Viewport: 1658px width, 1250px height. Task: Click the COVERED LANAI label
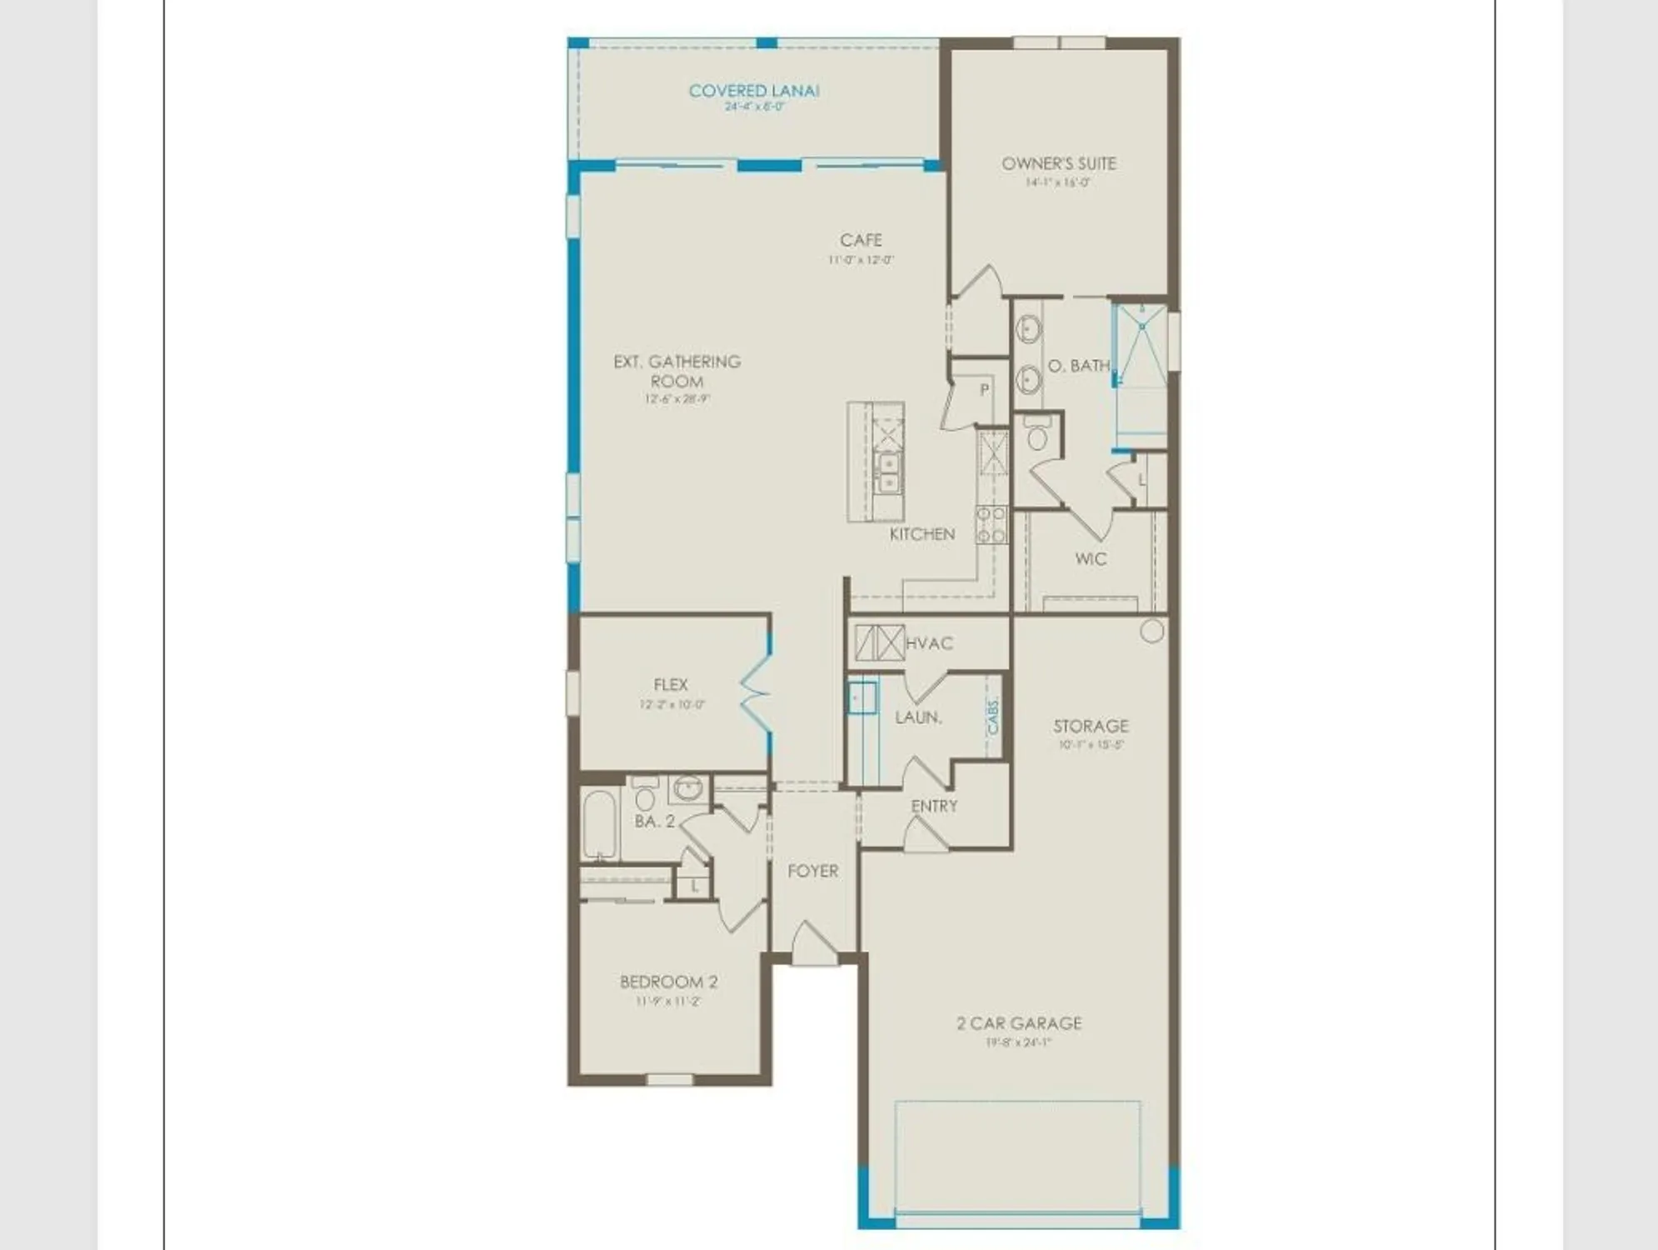754,91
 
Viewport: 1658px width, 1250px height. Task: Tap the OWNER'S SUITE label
1058,163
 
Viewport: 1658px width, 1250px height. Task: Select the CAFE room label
861,240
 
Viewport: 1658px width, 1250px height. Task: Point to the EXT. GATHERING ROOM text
677,371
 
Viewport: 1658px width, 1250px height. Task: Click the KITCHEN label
921,534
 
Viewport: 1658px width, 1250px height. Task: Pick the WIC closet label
1091,558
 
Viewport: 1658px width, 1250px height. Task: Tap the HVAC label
929,643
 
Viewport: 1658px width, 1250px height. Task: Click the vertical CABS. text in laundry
993,716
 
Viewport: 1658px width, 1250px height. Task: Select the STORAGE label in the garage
1091,726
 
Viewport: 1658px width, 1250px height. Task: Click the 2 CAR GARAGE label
1018,1023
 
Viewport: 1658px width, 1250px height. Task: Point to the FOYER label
812,871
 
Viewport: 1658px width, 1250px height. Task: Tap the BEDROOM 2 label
668,982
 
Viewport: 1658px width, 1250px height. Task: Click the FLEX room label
670,685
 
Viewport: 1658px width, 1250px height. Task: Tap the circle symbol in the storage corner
1151,631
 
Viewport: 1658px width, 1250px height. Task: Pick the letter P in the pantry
984,389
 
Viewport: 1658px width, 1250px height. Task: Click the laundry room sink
861,697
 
